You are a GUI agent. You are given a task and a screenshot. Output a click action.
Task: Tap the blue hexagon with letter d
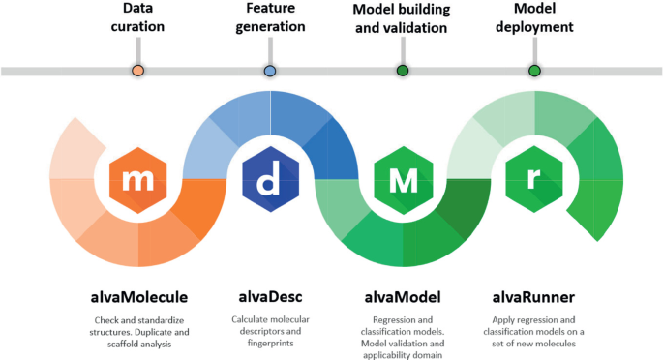(x=270, y=178)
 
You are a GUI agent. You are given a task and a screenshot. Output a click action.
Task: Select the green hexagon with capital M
(x=404, y=178)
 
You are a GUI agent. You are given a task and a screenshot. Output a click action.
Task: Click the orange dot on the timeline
(x=137, y=71)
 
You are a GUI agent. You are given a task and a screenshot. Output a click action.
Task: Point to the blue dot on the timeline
(x=270, y=71)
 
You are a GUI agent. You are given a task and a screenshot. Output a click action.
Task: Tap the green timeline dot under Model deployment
(x=534, y=71)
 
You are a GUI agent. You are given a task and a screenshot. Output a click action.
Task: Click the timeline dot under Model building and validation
(x=403, y=71)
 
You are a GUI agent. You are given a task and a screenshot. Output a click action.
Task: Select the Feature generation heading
(x=270, y=18)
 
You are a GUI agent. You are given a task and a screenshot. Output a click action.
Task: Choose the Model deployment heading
(x=534, y=18)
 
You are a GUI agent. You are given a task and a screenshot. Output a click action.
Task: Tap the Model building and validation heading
(x=403, y=18)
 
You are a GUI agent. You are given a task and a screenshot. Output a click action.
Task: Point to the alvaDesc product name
(x=270, y=296)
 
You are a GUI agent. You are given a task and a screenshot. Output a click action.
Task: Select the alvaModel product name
(x=404, y=296)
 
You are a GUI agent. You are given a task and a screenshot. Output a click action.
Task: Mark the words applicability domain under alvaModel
(x=404, y=354)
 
